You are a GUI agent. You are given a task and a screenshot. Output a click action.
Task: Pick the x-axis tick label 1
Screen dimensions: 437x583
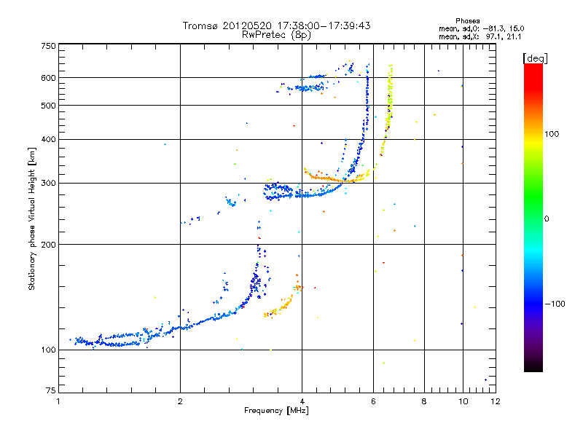tap(58, 401)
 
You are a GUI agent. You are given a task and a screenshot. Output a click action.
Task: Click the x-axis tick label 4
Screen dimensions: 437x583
tap(301, 401)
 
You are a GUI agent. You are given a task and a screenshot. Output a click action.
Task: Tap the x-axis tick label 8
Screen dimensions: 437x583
tap(423, 401)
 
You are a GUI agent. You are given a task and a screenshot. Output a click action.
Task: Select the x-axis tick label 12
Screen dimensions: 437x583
tap(495, 401)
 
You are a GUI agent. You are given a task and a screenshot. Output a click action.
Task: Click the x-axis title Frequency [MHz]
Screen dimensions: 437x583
tap(276, 412)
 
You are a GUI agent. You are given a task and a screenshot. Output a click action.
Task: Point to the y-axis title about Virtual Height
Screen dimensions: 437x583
tap(32, 219)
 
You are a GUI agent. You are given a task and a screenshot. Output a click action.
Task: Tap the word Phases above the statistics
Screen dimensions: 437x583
tap(467, 20)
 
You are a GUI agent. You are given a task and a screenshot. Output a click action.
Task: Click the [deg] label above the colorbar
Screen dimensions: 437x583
tap(536, 58)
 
